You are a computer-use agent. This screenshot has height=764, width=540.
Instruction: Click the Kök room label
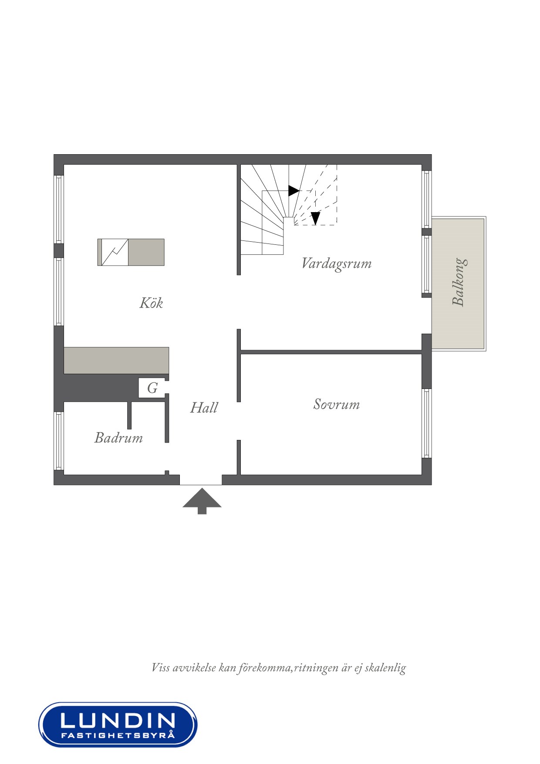click(x=151, y=303)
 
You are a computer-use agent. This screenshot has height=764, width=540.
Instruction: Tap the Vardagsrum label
click(x=337, y=264)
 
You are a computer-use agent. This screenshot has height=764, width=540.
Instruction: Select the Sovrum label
click(x=337, y=404)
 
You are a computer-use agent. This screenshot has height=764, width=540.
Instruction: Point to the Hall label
click(x=204, y=408)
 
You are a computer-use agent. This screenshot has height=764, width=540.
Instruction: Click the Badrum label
click(x=118, y=437)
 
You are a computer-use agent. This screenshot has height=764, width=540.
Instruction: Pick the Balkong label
click(x=459, y=282)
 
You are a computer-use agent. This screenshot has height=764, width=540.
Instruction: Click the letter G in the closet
click(x=152, y=388)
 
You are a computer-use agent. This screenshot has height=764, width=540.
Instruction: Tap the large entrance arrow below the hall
click(x=202, y=501)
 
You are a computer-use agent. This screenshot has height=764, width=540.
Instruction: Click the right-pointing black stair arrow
click(x=294, y=191)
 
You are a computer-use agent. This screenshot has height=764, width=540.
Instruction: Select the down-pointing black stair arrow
click(x=315, y=218)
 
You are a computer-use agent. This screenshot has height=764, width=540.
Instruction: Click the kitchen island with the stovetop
click(x=131, y=252)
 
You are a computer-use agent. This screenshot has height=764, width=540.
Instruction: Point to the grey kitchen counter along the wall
click(x=116, y=360)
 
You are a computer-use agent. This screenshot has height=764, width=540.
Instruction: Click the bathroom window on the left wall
click(x=59, y=441)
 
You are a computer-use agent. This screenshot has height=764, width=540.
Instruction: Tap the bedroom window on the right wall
click(x=426, y=423)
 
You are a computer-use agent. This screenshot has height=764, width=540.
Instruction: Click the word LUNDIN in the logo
click(x=118, y=720)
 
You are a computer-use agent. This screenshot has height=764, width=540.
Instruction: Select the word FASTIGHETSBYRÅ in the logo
click(x=118, y=735)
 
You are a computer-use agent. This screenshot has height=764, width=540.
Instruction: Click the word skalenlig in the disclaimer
click(x=385, y=668)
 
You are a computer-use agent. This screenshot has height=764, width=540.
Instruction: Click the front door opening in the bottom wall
click(x=201, y=480)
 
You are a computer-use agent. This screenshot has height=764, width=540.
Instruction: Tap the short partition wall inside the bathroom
click(x=129, y=415)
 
